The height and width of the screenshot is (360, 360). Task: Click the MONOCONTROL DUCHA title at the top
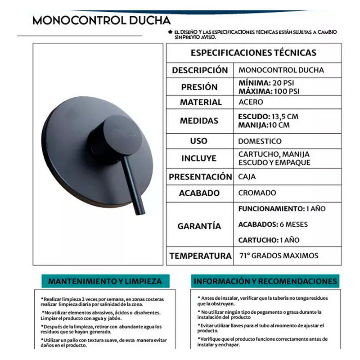coord(101,21)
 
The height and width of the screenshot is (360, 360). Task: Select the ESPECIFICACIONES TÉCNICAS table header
coord(254,52)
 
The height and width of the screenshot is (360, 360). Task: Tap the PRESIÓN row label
coord(199,87)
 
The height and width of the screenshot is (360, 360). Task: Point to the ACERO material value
coord(251,102)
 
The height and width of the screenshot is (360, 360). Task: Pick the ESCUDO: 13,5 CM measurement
coord(268,117)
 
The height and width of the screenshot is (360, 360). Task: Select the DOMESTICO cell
coord(260,141)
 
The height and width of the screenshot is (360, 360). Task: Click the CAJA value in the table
coord(247,177)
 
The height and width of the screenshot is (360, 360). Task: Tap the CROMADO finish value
coord(257,193)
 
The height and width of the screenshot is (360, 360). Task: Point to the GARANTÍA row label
coord(199,226)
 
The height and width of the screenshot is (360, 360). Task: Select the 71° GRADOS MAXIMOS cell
coord(278,256)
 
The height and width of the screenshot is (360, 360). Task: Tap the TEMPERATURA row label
coord(200,256)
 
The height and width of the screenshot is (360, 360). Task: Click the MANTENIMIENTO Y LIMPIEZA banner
coord(105,281)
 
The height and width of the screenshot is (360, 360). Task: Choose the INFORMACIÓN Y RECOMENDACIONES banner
coord(265,282)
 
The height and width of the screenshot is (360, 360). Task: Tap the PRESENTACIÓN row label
coord(200,177)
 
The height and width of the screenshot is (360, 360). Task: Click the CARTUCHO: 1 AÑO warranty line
coord(268,240)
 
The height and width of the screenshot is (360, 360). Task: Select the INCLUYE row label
coord(199,158)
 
